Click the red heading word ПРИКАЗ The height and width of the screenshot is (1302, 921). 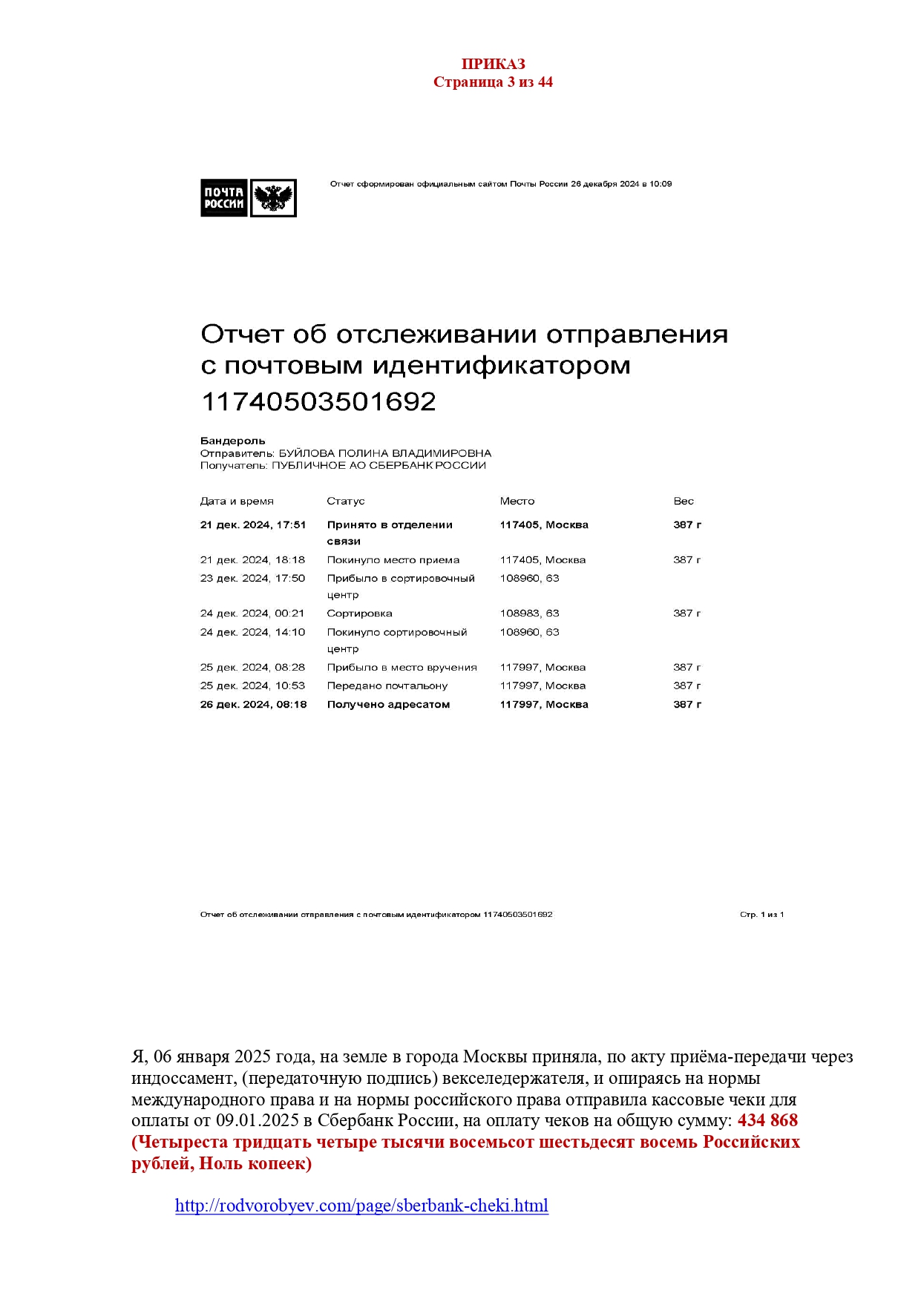pos(493,64)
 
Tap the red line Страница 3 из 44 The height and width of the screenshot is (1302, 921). pos(493,82)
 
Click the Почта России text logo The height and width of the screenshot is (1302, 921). pos(223,198)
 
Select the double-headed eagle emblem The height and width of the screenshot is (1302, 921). pos(273,198)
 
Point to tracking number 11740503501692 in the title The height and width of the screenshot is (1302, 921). pos(318,401)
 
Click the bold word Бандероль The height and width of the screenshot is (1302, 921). pos(232,441)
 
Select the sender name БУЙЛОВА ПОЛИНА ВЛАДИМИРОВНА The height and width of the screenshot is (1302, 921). pos(384,453)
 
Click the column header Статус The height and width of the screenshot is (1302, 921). pos(345,502)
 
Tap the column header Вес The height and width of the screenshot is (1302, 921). pos(683,502)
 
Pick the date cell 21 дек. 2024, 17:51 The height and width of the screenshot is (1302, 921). pos(252,525)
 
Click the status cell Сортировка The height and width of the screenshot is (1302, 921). pos(359,614)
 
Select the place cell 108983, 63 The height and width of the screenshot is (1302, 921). pos(529,614)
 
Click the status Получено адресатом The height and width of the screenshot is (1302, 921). pos(388,705)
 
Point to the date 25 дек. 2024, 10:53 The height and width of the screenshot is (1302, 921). pos(252,686)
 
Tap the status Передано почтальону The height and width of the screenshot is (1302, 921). pos(387,686)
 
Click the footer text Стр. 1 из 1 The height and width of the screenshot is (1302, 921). pos(761,915)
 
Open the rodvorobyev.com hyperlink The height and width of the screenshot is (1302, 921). pos(361,1206)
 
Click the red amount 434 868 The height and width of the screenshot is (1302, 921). pos(767,1120)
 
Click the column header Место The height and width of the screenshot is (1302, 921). pos(517,502)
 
